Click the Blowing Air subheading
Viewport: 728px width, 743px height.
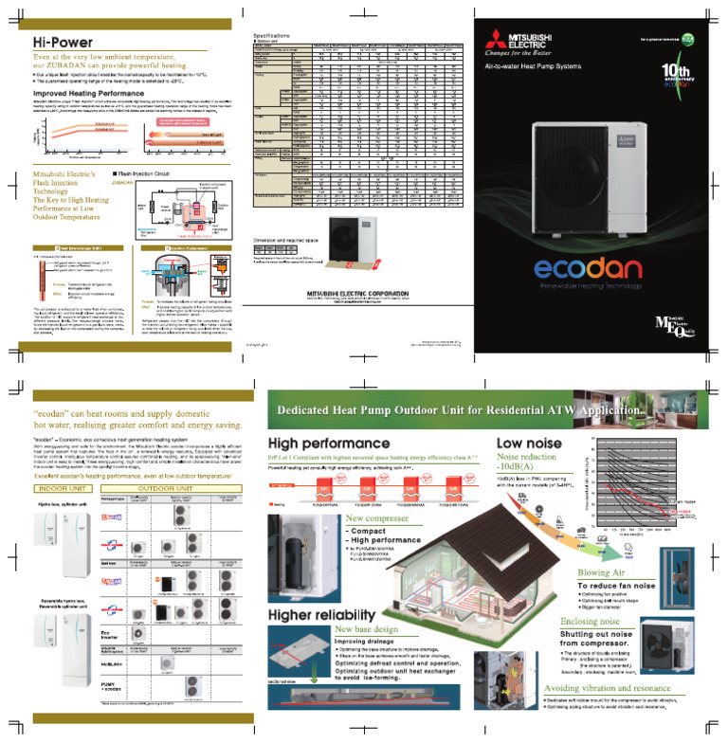tap(608, 571)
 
